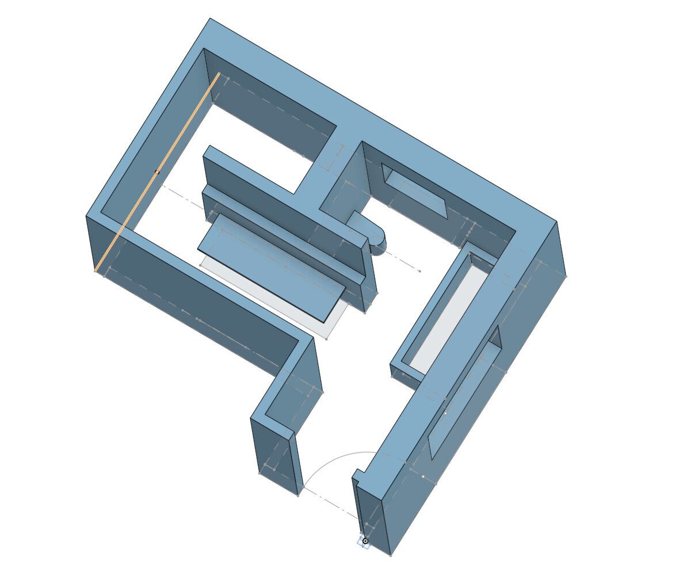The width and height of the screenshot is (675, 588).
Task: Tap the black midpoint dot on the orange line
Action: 157,172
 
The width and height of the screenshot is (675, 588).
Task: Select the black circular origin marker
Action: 365,541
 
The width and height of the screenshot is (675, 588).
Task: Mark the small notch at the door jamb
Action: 359,474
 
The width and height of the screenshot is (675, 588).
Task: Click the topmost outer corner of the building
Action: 210,18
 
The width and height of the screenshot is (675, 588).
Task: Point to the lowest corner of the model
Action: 391,556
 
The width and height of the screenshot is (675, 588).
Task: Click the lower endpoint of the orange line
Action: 96,270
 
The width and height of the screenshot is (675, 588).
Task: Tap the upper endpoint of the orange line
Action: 219,74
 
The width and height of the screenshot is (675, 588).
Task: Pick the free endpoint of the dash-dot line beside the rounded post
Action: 420,271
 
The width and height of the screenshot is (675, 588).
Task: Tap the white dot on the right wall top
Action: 445,413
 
